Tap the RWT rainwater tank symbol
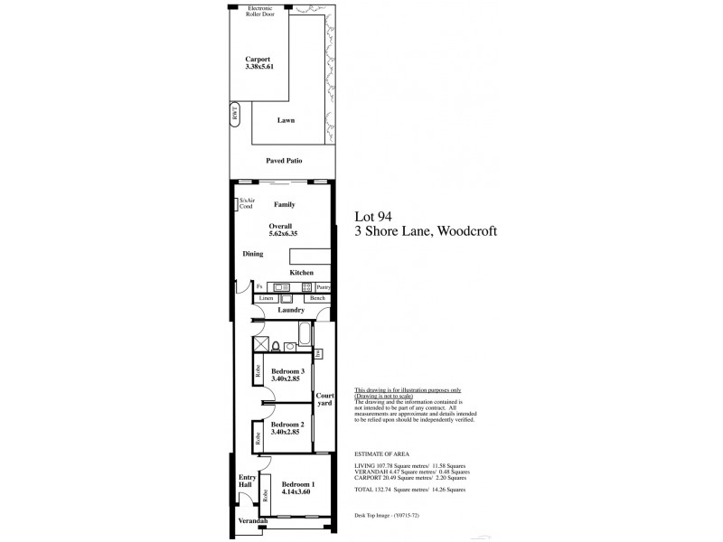pos(234,116)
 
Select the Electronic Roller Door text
pos(256,11)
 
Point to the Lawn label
pos(286,119)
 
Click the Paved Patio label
pos(284,160)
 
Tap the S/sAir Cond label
pos(245,204)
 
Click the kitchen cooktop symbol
pos(306,286)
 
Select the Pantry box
pos(324,286)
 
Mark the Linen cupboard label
pos(266,298)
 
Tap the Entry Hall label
pos(245,481)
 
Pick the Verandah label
pos(253,523)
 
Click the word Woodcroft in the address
pos(467,231)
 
